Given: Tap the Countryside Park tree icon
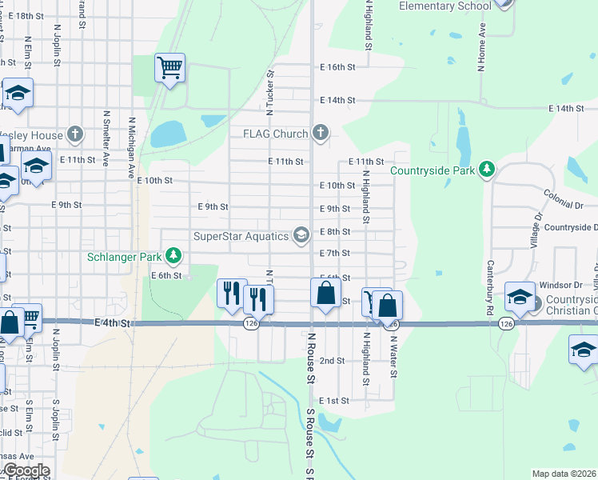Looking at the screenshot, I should (485, 170).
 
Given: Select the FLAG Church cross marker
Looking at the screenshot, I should (320, 133).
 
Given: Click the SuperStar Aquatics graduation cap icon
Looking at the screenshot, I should (301, 235).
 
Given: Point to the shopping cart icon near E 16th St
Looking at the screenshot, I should (170, 67).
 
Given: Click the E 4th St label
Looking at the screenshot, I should (112, 323).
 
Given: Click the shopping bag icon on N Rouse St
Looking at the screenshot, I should (325, 292).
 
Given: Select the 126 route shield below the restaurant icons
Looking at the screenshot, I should (251, 323).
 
